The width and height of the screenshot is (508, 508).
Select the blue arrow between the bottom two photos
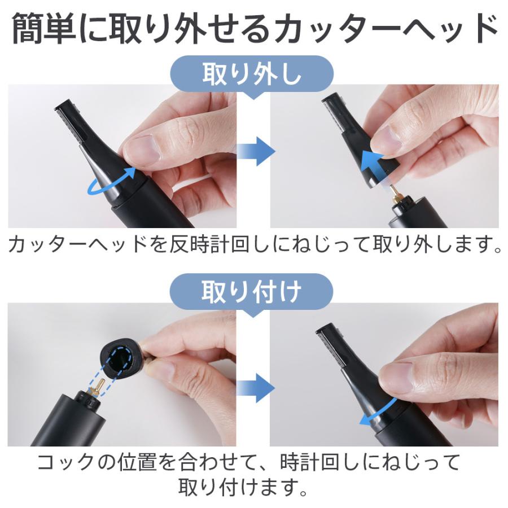click(255, 387)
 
